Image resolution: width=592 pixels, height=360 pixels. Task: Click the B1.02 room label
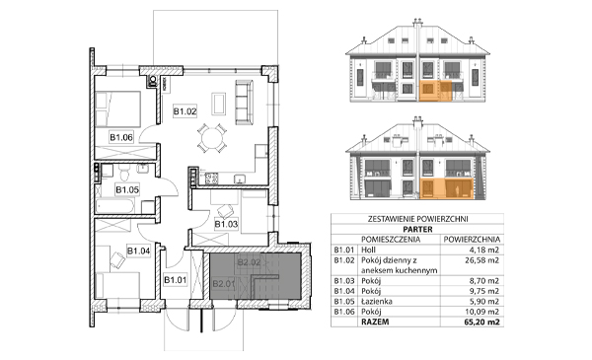click(185, 111)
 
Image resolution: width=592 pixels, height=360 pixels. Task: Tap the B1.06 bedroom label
click(121, 137)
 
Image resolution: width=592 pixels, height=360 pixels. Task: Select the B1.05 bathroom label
click(127, 189)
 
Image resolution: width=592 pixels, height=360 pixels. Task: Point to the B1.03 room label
click(226, 224)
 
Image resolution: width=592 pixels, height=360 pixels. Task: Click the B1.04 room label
click(138, 251)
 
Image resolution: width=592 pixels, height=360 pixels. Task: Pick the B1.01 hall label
click(176, 280)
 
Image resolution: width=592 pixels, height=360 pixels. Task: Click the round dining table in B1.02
click(211, 138)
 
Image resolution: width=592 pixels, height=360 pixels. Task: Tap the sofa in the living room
click(244, 102)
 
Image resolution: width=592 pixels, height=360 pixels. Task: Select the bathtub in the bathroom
click(115, 206)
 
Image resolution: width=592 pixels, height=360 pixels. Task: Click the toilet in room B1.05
click(124, 173)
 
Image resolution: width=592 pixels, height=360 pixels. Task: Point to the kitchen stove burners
click(211, 179)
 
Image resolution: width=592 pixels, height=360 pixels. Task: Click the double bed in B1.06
click(118, 108)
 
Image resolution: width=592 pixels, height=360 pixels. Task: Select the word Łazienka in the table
click(377, 302)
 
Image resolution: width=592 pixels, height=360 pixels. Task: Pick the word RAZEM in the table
click(375, 322)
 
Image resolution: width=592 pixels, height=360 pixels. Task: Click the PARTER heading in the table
click(417, 230)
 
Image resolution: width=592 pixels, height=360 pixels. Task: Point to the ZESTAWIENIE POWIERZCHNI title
click(417, 219)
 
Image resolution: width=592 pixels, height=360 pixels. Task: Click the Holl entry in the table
click(368, 250)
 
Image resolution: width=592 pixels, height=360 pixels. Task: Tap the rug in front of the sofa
click(219, 104)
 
